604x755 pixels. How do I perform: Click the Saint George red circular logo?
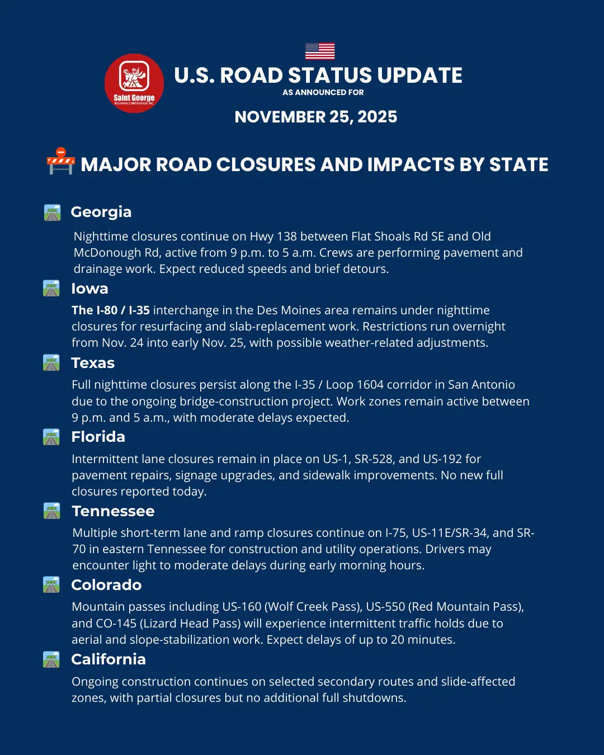(134, 83)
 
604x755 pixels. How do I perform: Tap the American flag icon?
(320, 51)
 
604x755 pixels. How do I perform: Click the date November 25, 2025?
(316, 117)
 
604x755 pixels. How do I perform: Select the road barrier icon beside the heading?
(60, 162)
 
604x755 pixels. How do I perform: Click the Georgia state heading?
(101, 212)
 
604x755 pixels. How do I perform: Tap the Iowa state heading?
(89, 289)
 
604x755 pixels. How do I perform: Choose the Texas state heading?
(93, 363)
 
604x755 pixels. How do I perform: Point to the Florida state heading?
(98, 437)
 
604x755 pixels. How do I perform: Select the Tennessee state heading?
(113, 511)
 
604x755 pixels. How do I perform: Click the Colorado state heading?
(106, 585)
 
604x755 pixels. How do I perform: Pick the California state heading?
(108, 659)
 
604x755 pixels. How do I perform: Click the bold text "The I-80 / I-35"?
(111, 310)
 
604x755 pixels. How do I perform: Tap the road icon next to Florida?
(51, 437)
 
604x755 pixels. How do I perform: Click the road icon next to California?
(51, 659)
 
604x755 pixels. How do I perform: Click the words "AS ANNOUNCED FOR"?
(323, 92)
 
